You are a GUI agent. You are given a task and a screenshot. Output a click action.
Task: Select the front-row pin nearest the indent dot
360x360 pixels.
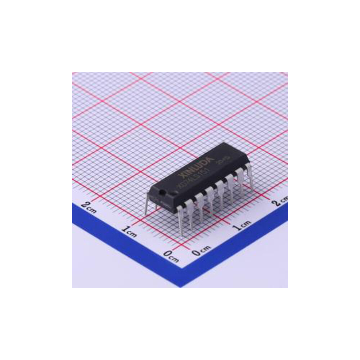click(180, 220)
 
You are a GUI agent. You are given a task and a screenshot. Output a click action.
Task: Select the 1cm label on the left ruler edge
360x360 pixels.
click(130, 231)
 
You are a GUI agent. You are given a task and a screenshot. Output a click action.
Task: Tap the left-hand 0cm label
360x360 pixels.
click(171, 256)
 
